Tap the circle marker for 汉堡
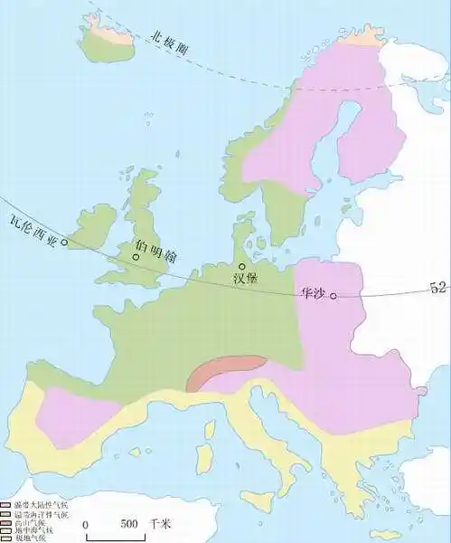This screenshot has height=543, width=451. point(241,266)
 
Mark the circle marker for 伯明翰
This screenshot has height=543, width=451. point(136,257)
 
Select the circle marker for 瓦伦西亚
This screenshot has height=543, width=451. point(64,243)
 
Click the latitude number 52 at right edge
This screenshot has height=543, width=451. point(439,289)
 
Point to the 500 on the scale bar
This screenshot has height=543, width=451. point(129,524)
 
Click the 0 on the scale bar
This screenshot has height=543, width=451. point(85,524)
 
